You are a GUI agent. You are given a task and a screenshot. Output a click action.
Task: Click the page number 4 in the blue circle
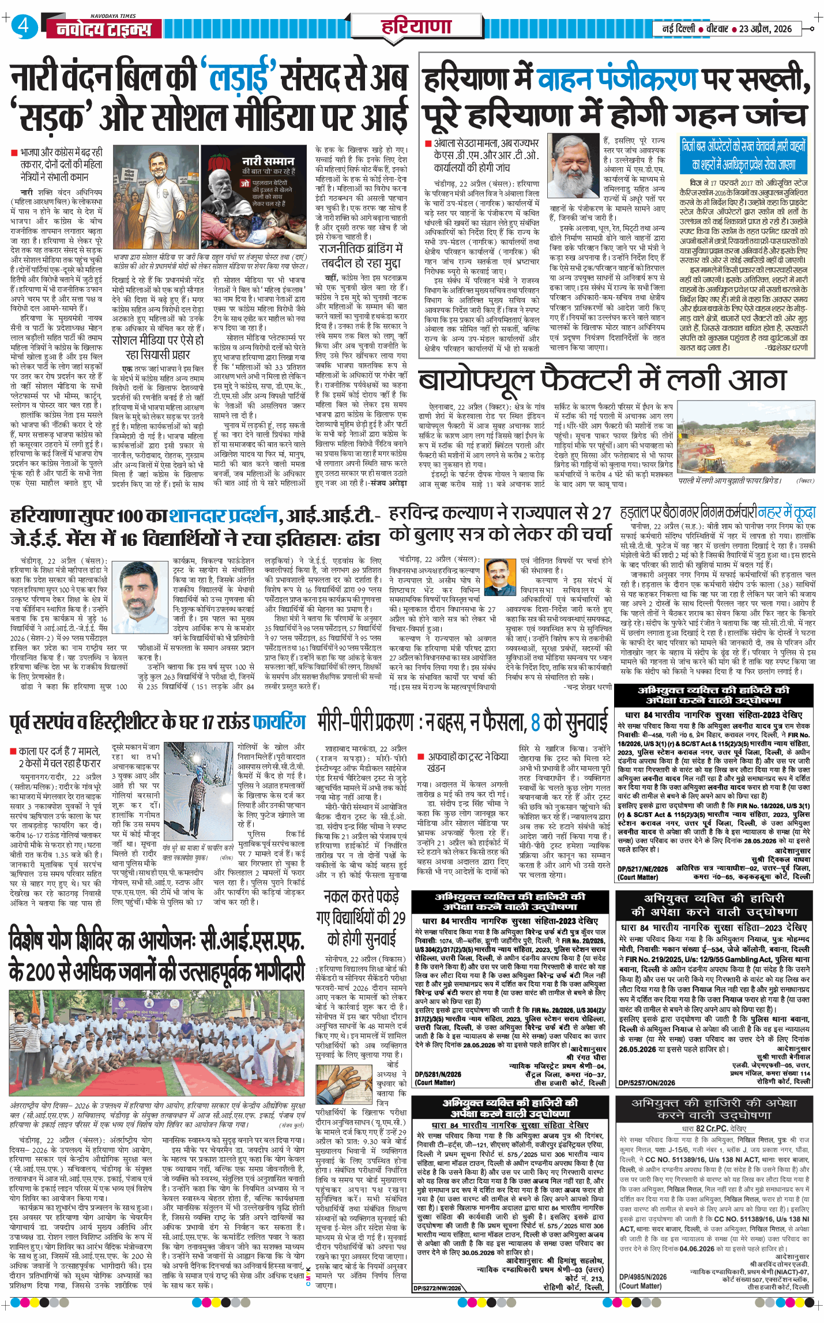(23, 27)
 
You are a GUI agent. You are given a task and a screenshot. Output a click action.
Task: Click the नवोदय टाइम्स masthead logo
(104, 29)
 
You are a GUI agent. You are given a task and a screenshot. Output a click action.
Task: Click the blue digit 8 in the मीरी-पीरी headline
(535, 722)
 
